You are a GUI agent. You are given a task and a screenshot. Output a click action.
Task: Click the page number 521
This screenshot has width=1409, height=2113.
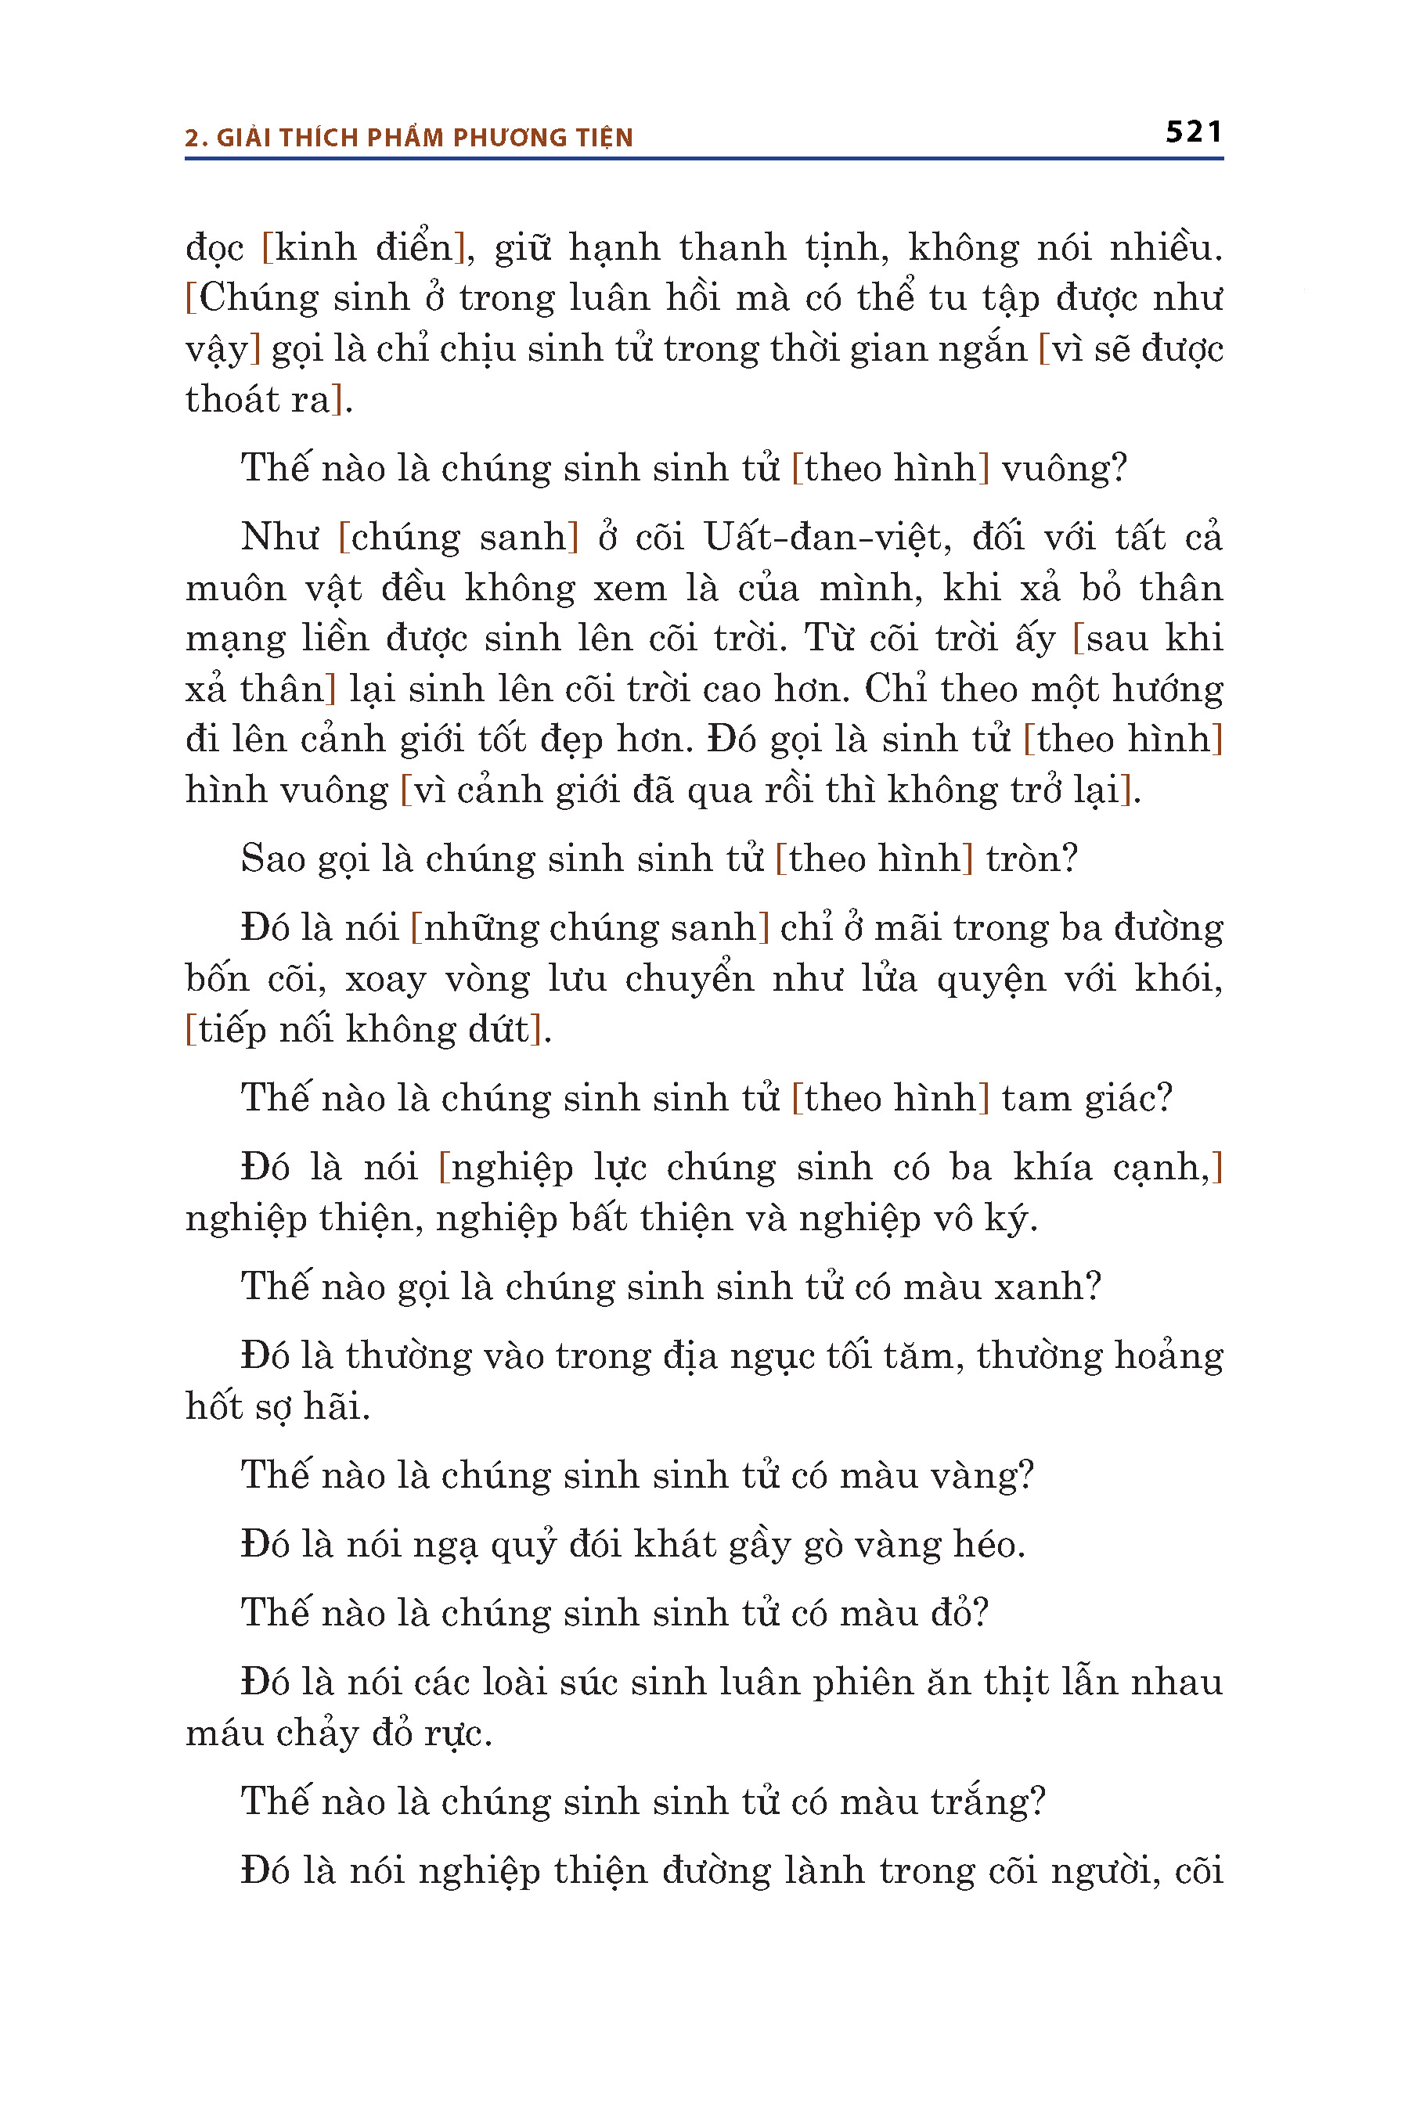(x=1193, y=132)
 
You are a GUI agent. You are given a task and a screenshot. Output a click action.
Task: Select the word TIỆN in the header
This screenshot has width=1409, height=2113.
(x=603, y=138)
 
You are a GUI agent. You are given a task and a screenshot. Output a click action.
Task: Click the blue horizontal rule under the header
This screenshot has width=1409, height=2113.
(x=704, y=159)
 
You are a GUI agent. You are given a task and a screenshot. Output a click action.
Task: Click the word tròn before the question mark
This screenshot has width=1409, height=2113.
(x=1022, y=859)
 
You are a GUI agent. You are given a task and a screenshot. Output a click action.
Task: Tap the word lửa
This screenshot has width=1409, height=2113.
(x=888, y=978)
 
